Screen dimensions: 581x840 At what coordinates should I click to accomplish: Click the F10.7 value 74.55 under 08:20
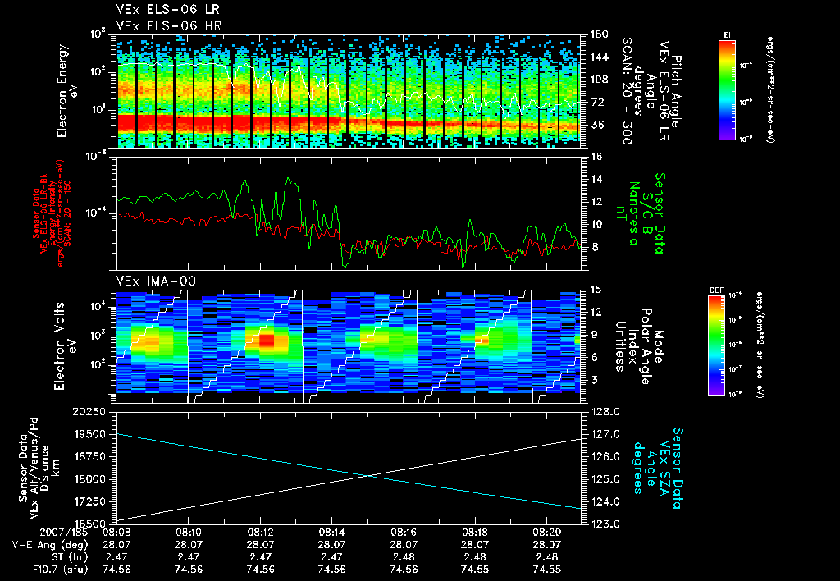pyautogui.click(x=546, y=569)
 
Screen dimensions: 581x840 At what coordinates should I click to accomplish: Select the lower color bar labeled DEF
pyautogui.click(x=715, y=345)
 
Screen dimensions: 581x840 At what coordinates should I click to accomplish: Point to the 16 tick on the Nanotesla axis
pyautogui.click(x=596, y=156)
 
